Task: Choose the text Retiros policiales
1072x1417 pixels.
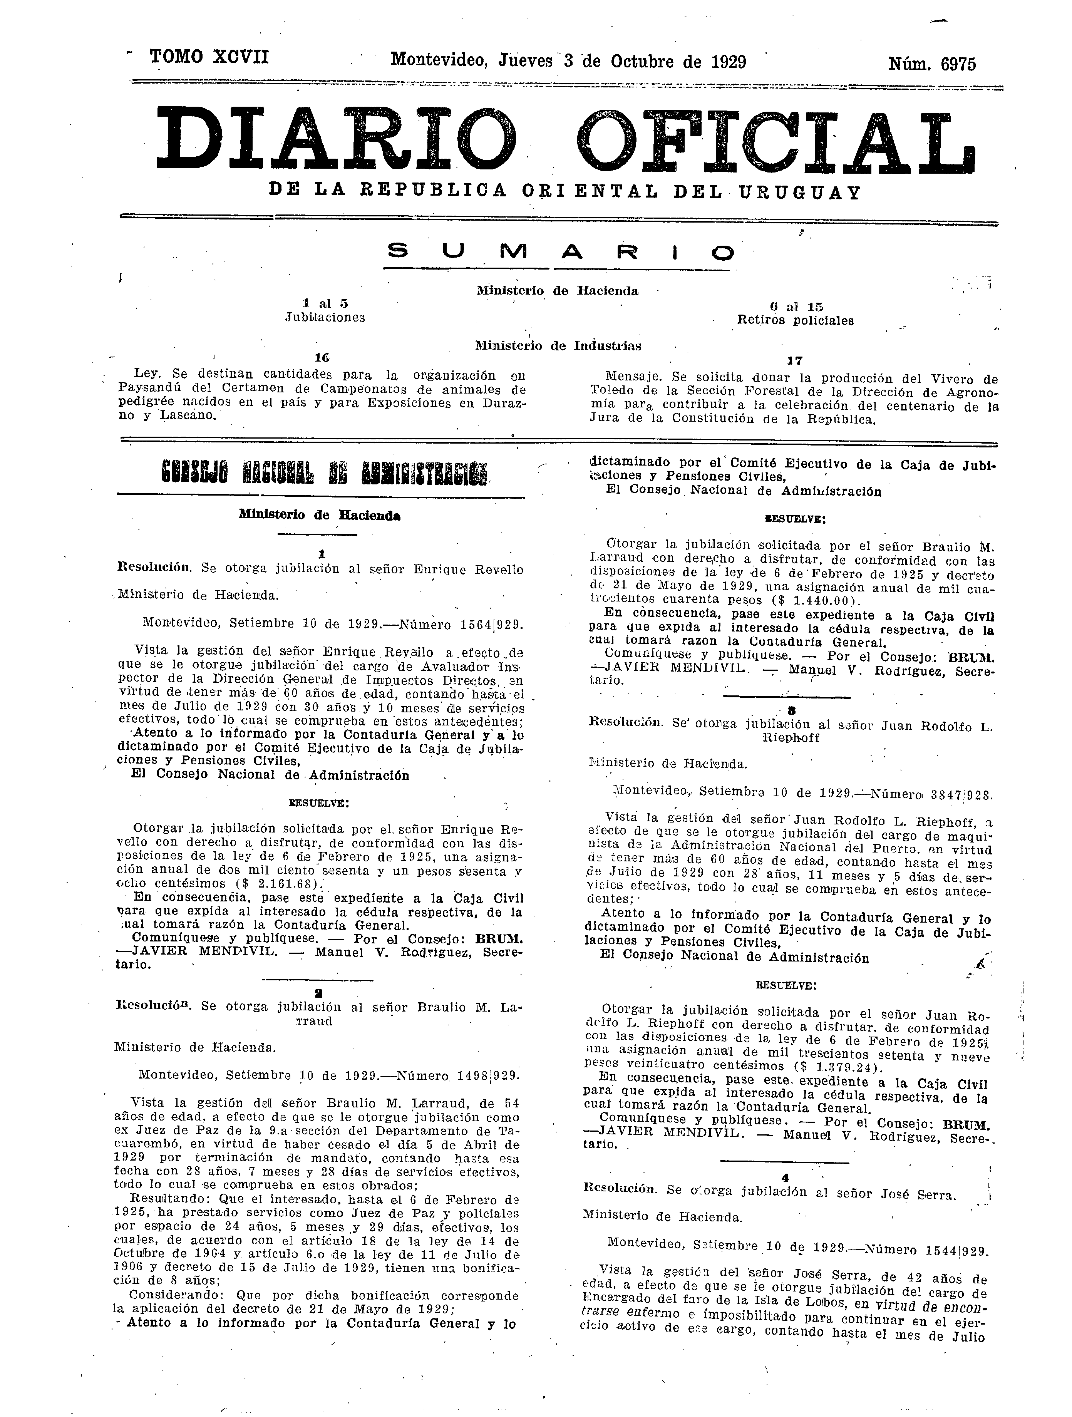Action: (x=795, y=320)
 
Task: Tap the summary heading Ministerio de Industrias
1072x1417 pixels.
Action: (x=558, y=346)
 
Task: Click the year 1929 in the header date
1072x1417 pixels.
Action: (x=728, y=62)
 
